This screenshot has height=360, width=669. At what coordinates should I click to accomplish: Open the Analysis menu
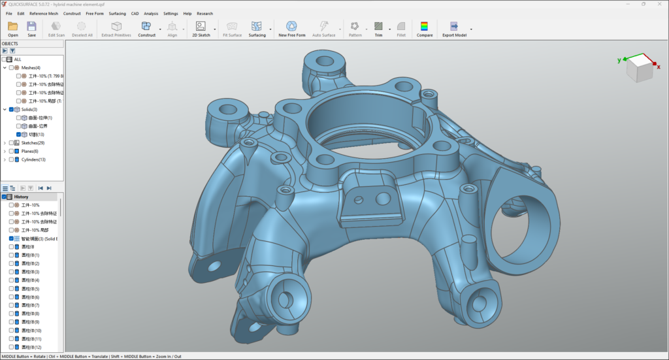point(151,13)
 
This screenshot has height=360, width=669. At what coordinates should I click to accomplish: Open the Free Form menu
point(95,13)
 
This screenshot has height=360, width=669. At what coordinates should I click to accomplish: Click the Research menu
point(204,13)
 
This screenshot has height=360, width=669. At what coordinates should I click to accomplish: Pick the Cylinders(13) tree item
point(34,159)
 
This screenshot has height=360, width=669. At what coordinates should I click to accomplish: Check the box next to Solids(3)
point(11,109)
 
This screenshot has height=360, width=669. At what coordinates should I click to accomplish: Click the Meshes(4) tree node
point(31,67)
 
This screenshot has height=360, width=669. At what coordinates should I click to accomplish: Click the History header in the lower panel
point(22,197)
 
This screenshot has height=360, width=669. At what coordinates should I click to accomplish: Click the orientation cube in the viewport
point(639,67)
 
